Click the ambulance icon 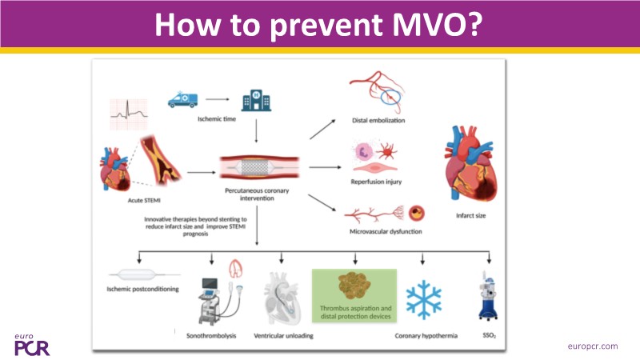(x=182, y=99)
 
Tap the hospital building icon (x=256, y=100)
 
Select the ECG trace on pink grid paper (x=129, y=114)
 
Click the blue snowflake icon (x=424, y=299)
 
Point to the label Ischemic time (x=217, y=118)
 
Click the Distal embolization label (x=378, y=121)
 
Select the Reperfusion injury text (x=376, y=182)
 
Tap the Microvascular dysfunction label (x=386, y=231)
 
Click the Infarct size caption (x=471, y=215)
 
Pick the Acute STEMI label (x=144, y=201)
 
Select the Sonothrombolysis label (x=211, y=335)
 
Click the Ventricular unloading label (x=284, y=335)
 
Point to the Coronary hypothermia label (x=426, y=335)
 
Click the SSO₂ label (x=490, y=335)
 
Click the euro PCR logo (x=32, y=345)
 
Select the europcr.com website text (x=593, y=346)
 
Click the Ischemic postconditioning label (x=143, y=289)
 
